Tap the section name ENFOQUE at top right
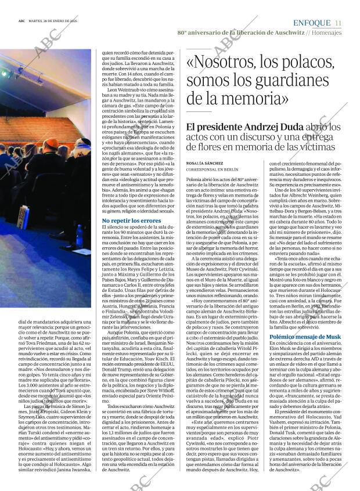tap(312, 23)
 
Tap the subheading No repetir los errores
tap(131, 221)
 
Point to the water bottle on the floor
tap(79, 235)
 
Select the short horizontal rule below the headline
tap(199, 111)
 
